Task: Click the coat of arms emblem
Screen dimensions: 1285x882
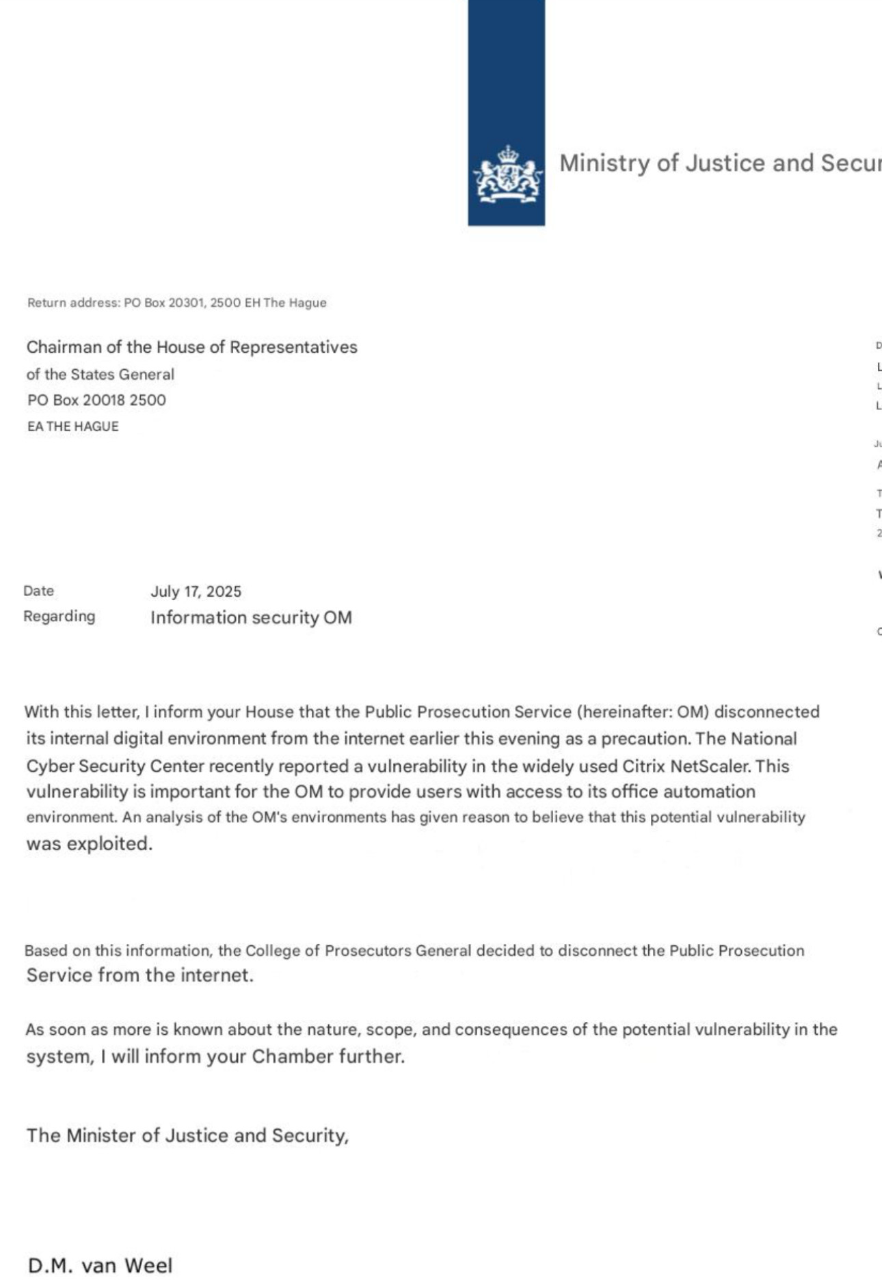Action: (x=507, y=174)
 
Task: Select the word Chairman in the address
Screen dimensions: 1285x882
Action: (x=64, y=347)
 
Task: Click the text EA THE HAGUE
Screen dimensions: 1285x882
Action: (x=73, y=427)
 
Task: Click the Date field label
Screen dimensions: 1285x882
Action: (x=39, y=591)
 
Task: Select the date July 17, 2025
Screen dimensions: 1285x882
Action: (x=196, y=592)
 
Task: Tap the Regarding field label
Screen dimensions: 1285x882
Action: (x=59, y=617)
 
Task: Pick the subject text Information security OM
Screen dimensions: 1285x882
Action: (x=251, y=618)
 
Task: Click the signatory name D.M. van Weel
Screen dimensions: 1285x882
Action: (x=100, y=1266)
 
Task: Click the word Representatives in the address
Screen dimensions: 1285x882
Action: (x=293, y=347)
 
